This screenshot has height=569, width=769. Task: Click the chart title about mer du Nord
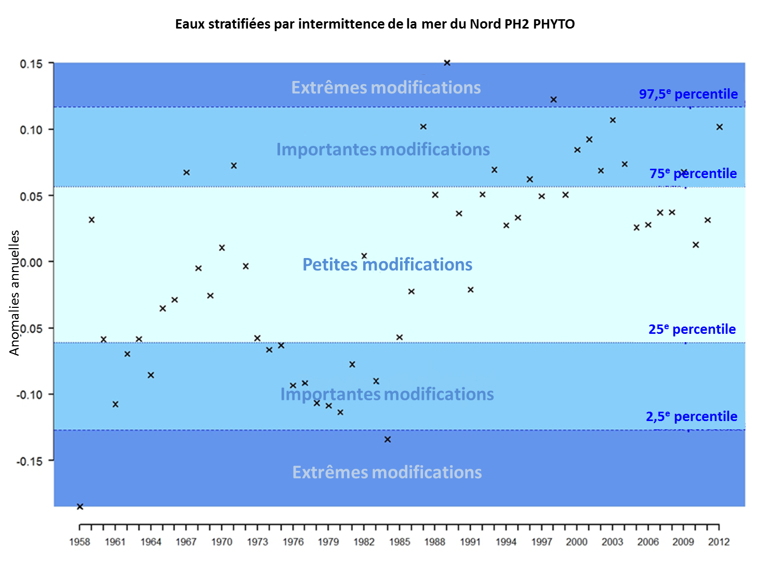click(375, 24)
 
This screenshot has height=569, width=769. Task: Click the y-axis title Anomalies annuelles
click(15, 293)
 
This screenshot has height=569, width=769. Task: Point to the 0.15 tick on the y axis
click(31, 64)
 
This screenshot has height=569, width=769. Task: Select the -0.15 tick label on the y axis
click(30, 461)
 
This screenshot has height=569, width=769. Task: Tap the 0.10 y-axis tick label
click(31, 130)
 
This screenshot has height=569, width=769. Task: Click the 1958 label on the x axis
click(79, 542)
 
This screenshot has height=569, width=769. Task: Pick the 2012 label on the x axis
click(719, 542)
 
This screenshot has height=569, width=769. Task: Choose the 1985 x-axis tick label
click(399, 542)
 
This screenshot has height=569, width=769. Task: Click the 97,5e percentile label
click(688, 94)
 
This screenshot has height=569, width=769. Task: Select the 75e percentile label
click(693, 173)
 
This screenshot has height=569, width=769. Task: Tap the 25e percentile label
click(692, 329)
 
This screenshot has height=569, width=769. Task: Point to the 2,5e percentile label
click(691, 416)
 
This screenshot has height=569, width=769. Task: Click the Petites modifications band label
click(387, 265)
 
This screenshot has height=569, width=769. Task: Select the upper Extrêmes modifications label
click(386, 88)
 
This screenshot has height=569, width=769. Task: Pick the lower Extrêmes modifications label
click(387, 472)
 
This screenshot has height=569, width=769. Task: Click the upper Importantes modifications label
click(382, 150)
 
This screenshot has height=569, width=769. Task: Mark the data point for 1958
click(80, 507)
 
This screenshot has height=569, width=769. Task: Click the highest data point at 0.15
click(447, 63)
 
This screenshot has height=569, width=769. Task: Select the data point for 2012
click(720, 127)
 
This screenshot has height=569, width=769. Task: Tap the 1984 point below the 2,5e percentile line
click(388, 440)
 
